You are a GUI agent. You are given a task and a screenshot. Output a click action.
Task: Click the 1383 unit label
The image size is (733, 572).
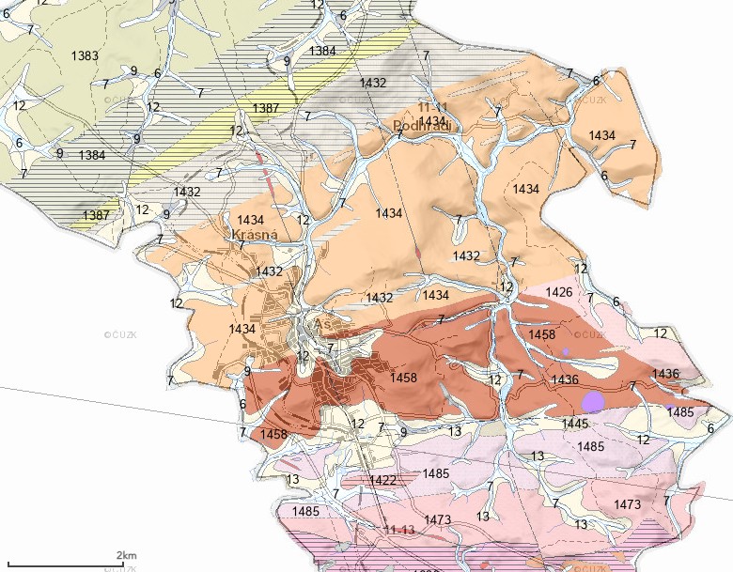click(x=85, y=56)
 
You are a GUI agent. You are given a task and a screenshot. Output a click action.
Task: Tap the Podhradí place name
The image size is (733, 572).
click(x=425, y=126)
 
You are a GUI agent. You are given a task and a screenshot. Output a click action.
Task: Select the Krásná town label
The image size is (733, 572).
click(x=248, y=236)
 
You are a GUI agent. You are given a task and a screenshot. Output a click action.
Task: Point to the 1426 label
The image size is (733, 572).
click(x=558, y=292)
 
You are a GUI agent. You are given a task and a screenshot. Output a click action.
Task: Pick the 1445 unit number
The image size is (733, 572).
click(x=575, y=424)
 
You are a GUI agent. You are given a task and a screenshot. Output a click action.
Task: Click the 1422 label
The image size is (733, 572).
click(x=382, y=480)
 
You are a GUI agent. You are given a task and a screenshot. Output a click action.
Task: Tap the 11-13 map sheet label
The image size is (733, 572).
click(x=398, y=531)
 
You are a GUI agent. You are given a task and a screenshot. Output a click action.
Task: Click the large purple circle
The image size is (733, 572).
click(x=592, y=402)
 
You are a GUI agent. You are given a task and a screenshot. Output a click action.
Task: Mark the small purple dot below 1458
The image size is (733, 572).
click(x=566, y=351)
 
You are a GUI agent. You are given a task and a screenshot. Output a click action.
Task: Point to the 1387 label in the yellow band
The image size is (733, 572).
click(x=266, y=108)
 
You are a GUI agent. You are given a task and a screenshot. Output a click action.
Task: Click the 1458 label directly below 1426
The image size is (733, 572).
click(x=542, y=334)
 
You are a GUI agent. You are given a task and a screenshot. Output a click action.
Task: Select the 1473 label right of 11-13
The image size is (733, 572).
click(x=438, y=519)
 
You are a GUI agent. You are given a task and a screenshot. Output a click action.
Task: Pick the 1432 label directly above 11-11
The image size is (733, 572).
click(x=373, y=83)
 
